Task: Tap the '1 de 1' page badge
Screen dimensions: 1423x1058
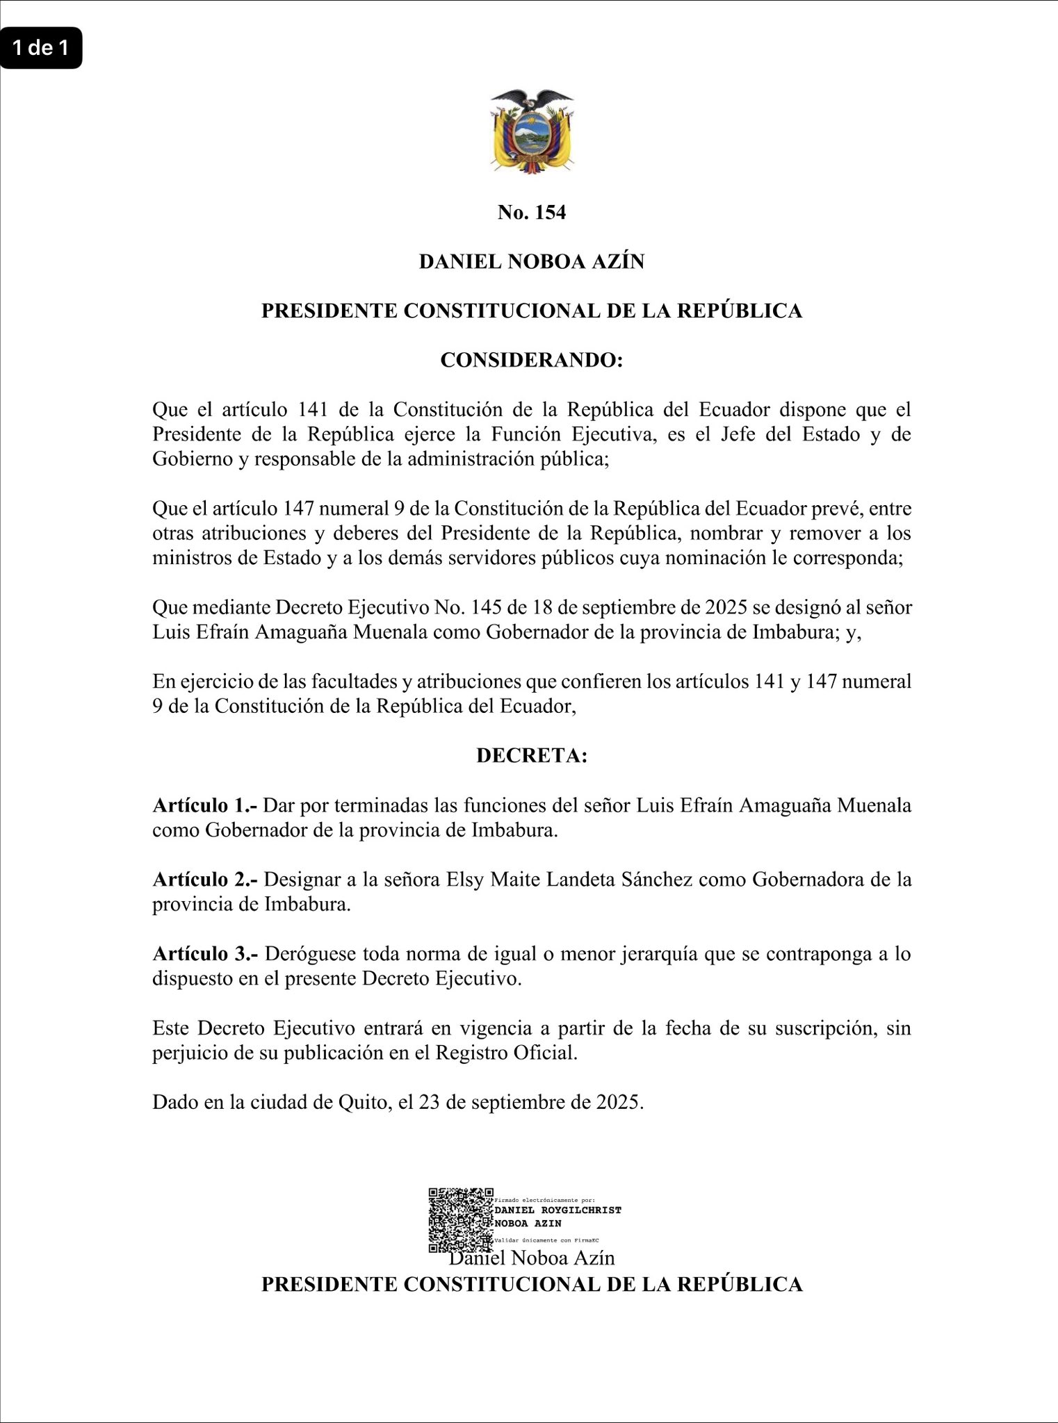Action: coord(41,48)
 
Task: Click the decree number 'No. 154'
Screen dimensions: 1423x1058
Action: coord(532,213)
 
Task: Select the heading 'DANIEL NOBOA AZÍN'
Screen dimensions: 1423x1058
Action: coord(532,262)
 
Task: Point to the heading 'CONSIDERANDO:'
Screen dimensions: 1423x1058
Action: coord(532,361)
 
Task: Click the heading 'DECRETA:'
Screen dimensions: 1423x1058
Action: coord(532,756)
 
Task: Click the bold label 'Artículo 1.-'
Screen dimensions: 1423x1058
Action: coord(205,805)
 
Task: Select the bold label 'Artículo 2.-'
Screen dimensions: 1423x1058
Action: coord(205,880)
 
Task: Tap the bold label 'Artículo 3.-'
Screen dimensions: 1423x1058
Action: coord(205,954)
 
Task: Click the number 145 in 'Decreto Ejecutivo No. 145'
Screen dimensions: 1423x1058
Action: coord(486,608)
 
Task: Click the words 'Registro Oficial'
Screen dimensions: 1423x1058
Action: coord(506,1053)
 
